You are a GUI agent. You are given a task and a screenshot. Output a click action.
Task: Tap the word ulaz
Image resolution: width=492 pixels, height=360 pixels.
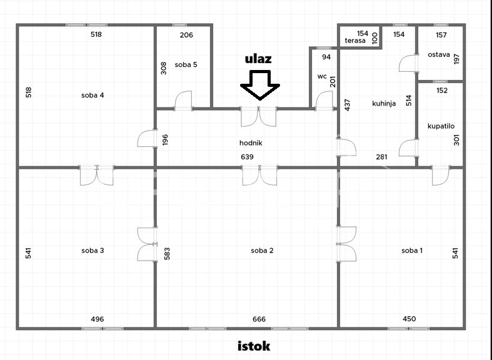coord(258,59)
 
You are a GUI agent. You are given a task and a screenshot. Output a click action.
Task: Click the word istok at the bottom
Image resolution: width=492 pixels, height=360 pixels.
coord(254,346)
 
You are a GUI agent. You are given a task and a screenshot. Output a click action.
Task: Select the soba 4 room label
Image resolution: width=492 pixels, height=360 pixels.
coord(93,95)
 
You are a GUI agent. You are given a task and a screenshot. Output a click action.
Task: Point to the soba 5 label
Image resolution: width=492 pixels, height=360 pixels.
coord(186,64)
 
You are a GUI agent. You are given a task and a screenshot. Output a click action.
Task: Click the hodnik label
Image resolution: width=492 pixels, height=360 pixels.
coord(251,143)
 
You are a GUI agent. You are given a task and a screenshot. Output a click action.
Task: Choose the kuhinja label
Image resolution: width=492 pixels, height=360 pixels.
coord(384,104)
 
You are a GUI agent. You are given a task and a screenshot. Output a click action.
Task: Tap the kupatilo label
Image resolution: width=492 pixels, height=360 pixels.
coord(441,126)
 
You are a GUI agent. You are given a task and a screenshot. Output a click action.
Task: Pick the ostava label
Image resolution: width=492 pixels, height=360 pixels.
coord(439,54)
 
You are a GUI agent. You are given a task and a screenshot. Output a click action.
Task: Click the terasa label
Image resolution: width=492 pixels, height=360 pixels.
coord(355,41)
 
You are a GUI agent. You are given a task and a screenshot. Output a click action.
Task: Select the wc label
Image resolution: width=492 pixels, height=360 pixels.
coord(322,76)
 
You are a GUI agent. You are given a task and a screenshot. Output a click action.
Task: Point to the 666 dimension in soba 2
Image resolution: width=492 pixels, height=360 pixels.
coord(259,319)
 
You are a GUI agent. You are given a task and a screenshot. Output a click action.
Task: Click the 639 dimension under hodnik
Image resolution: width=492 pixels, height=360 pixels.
coord(247,157)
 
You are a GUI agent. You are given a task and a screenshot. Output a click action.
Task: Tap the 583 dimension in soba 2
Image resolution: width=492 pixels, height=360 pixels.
coord(167,254)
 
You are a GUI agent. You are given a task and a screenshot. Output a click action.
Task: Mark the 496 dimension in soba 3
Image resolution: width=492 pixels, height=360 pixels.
coord(98,319)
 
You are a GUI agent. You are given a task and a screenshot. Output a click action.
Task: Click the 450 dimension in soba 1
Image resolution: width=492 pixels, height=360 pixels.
coord(409,319)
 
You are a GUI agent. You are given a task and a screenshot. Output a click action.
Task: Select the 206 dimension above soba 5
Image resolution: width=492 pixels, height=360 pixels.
coord(186,35)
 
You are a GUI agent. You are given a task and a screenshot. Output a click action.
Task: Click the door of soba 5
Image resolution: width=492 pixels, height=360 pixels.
coord(183,101)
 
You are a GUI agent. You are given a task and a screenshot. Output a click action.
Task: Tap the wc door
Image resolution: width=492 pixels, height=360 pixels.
coord(324,101)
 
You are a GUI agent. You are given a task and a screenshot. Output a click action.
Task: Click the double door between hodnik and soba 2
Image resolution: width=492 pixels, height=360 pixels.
coord(259,176)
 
